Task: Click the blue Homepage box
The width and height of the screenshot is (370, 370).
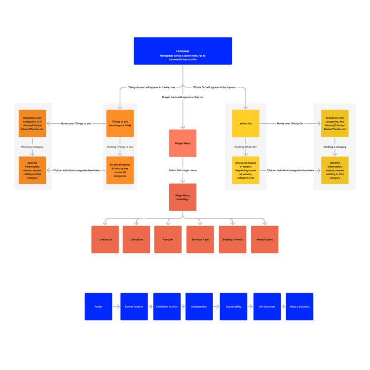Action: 183,51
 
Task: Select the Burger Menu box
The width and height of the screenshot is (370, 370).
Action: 183,143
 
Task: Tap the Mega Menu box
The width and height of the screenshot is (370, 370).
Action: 183,197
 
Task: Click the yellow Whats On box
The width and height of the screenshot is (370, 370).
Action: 246,123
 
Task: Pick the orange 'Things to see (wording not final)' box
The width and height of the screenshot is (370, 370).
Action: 120,123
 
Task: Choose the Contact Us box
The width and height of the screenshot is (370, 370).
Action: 105,239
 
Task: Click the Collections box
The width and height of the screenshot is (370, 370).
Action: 136,239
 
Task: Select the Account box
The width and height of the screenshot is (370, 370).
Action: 168,239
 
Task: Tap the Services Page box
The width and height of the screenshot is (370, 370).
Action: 200,239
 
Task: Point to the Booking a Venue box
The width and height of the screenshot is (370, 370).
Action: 232,239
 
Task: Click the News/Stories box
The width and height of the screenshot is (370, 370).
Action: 264,239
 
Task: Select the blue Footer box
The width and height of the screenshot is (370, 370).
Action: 98,306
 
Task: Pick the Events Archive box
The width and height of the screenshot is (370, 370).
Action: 134,306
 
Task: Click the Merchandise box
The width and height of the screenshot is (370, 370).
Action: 199,306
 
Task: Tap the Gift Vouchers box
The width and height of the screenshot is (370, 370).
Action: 267,306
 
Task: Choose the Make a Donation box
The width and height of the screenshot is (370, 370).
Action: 299,306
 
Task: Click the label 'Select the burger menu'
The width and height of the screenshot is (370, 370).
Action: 183,170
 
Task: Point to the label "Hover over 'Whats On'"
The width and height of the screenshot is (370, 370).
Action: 290,123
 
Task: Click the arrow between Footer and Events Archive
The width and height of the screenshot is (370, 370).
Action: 116,306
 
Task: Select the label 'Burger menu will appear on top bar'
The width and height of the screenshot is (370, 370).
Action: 183,97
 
